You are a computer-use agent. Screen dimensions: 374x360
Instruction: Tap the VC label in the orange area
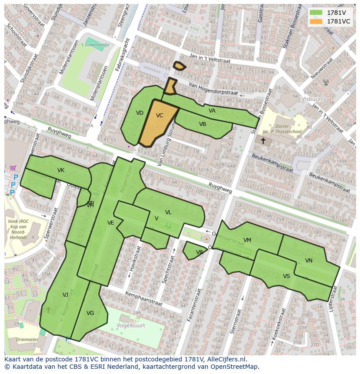click(x=160, y=116)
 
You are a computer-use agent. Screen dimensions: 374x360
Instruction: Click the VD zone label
click(x=140, y=113)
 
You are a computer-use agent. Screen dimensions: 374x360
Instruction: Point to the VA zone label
click(x=212, y=111)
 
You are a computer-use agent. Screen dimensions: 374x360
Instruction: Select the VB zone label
click(x=203, y=124)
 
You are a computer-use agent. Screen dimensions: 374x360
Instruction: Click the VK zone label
click(x=61, y=170)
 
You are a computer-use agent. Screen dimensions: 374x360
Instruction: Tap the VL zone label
click(x=168, y=212)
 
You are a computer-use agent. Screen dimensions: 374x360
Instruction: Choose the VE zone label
click(x=111, y=223)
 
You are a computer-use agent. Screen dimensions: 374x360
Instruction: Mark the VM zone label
click(x=247, y=240)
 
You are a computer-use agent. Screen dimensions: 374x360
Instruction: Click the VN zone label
click(x=309, y=261)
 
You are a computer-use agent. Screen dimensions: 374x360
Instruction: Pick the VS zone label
click(x=286, y=276)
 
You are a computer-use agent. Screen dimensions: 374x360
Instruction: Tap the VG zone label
click(x=90, y=313)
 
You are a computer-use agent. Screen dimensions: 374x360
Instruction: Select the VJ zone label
click(x=65, y=295)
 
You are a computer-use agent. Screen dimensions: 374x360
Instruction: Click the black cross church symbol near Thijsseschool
click(x=263, y=141)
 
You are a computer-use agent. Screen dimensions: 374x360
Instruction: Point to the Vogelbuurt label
click(x=130, y=324)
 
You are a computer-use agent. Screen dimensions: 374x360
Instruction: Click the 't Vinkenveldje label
click(x=97, y=45)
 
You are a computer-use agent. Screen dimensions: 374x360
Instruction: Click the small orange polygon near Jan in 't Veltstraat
click(x=179, y=66)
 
